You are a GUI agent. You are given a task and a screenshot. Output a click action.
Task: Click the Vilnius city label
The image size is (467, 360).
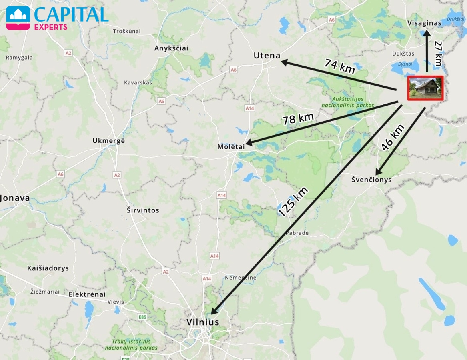[203, 322]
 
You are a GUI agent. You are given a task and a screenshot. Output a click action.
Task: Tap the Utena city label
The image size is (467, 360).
[267, 56]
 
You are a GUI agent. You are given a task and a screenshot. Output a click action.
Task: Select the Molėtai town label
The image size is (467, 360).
[231, 147]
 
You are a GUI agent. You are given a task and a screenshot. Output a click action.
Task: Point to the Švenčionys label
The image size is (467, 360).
[371, 180]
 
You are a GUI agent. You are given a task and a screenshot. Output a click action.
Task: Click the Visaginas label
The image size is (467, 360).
[424, 23]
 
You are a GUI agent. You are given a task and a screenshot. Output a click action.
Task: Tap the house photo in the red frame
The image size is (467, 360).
[425, 88]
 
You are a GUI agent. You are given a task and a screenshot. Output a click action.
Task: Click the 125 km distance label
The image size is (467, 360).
[293, 202]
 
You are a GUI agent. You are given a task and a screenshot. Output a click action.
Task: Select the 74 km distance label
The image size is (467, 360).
[339, 66]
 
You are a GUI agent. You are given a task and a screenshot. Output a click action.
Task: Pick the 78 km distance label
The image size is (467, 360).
[298, 119]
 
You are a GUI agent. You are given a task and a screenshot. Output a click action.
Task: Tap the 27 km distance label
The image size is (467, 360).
[438, 54]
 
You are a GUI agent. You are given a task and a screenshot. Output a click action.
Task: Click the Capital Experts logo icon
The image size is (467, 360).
[18, 18]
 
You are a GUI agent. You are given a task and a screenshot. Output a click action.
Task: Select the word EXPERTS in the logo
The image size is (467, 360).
[50, 27]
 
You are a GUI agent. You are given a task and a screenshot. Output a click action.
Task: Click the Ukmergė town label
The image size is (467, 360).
[109, 141]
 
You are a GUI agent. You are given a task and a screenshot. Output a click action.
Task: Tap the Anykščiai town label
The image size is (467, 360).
[171, 48]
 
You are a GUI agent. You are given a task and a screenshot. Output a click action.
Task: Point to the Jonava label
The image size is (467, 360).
[15, 198]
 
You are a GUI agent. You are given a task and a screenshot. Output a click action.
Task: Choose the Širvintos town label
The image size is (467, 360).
[143, 210]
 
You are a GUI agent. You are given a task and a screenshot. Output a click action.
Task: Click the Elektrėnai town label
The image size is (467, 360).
[87, 294]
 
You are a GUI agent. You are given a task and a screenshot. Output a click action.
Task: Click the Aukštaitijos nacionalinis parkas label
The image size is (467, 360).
[348, 102]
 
